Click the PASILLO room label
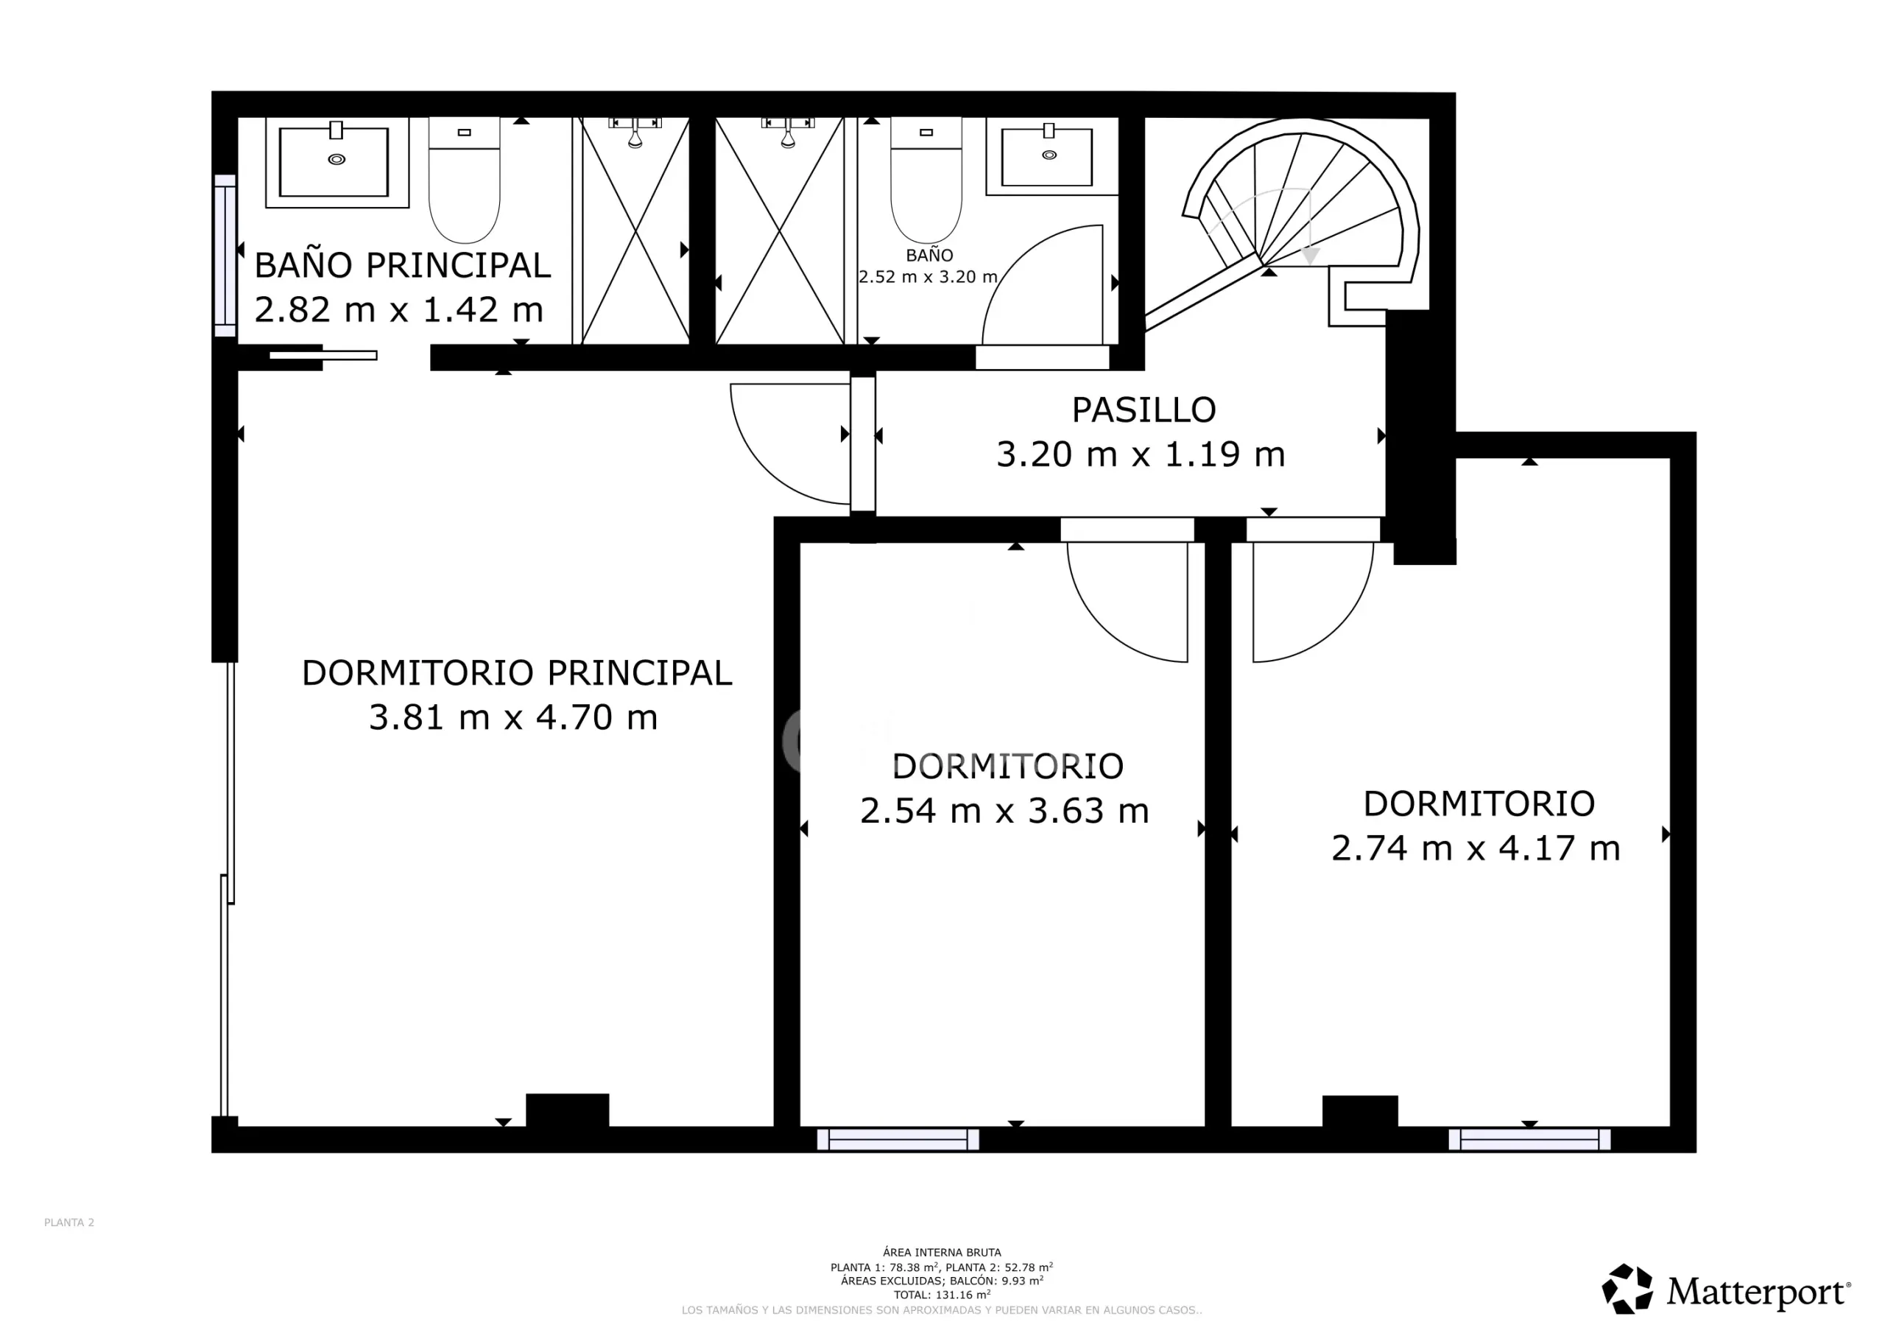[x=1144, y=409]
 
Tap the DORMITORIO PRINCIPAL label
[x=516, y=673]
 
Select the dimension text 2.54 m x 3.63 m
[x=1004, y=812]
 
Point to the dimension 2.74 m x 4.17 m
[x=1476, y=848]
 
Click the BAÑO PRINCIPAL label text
[x=402, y=265]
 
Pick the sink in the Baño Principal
[x=337, y=162]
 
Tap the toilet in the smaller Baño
[x=926, y=180]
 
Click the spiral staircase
[x=1300, y=222]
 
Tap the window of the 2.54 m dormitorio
[x=898, y=1139]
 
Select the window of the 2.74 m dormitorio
[x=1529, y=1139]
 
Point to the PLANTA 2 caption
[x=69, y=1222]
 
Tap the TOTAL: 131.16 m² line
[x=942, y=1295]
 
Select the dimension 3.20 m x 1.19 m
[x=1141, y=454]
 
